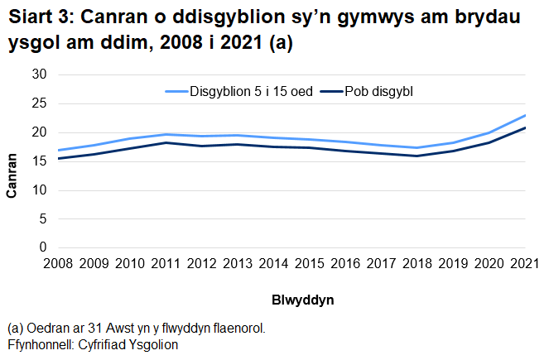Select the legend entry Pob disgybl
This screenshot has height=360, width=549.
(378, 91)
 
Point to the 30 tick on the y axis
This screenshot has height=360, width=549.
(38, 74)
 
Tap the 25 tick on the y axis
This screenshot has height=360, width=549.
(38, 103)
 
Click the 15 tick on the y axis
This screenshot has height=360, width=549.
(38, 161)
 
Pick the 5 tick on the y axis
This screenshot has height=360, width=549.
(42, 219)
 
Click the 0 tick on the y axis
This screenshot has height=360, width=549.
(42, 247)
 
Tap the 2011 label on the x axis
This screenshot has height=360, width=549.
(167, 264)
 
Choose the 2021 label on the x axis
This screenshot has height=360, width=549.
(525, 264)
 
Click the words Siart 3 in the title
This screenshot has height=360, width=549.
(38, 18)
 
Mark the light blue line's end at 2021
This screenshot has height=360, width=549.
(525, 115)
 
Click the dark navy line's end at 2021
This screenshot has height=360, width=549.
(525, 127)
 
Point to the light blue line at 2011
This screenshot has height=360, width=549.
(166, 134)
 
